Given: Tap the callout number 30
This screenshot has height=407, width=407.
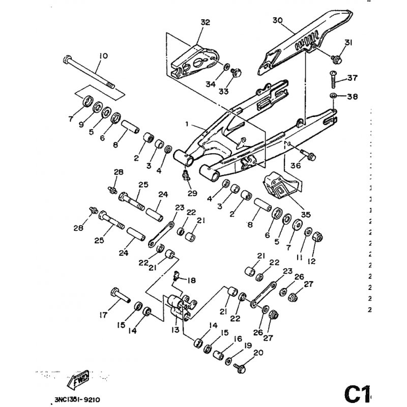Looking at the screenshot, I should pos(277,21).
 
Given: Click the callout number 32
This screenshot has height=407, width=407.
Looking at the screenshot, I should pos(205,22).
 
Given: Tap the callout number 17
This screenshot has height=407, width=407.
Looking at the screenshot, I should pos(103,315).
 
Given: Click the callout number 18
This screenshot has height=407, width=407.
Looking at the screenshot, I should pos(192,280).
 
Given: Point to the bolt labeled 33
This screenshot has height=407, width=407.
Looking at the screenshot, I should pos(236,74).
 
